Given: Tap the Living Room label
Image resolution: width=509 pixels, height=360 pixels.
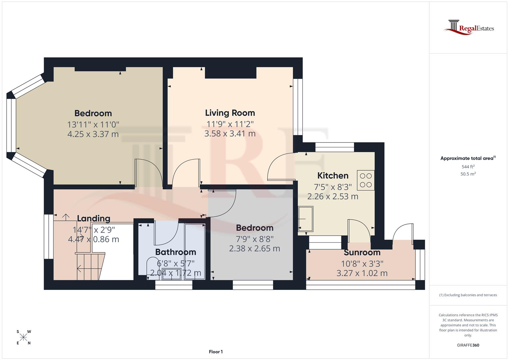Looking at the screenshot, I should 230,113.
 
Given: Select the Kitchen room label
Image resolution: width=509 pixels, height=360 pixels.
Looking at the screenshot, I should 333,176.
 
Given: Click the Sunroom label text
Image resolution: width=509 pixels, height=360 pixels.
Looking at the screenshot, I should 362,253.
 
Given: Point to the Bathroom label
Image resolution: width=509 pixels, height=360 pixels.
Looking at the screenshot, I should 176,252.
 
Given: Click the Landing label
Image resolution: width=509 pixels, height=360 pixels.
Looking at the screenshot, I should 94,219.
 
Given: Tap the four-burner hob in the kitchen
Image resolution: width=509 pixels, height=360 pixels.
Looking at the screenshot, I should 366,180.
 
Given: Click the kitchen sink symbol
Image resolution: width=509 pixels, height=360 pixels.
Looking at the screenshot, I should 306,219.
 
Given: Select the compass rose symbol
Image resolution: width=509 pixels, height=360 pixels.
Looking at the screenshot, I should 23,337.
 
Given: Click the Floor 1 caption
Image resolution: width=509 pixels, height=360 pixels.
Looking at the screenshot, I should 216,352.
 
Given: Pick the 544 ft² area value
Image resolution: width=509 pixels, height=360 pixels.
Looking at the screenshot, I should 468,167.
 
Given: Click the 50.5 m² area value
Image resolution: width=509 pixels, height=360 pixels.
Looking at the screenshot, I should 468,174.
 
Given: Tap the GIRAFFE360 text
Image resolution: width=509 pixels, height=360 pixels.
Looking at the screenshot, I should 468,345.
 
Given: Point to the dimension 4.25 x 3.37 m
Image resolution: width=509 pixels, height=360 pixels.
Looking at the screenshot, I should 93,134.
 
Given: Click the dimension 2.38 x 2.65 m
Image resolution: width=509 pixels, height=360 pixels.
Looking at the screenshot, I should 255,249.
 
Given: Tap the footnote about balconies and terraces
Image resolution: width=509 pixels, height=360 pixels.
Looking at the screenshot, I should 468,295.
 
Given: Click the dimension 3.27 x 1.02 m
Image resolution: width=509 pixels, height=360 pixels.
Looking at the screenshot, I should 362,273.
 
